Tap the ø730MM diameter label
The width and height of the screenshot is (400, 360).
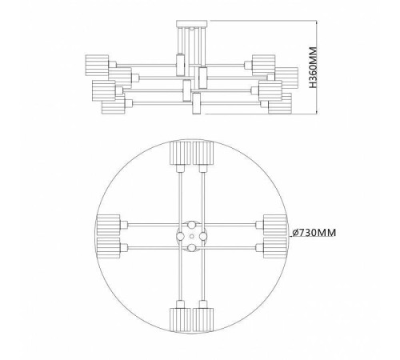pyautogui.click(x=314, y=233)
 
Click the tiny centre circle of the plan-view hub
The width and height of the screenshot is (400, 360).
pyautogui.click(x=191, y=236)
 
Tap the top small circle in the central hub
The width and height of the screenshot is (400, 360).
pyautogui.click(x=191, y=224)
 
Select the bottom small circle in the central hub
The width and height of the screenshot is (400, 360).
pyautogui.click(x=191, y=247)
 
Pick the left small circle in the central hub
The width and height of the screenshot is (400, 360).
pyautogui.click(x=180, y=236)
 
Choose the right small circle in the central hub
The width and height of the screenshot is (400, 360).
pyautogui.click(x=203, y=236)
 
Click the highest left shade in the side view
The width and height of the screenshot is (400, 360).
pyautogui.click(x=94, y=62)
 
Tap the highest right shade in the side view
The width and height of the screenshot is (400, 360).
pyautogui.click(x=263, y=62)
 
